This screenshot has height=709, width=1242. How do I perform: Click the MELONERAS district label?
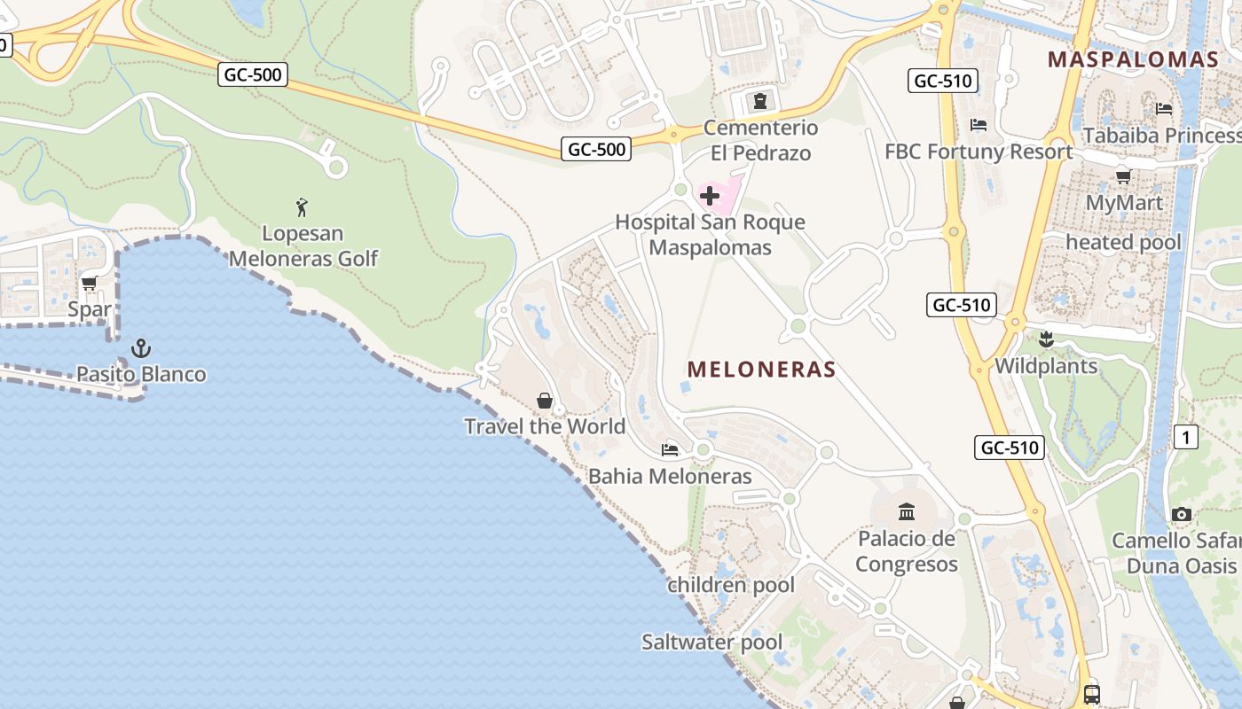tap(761, 369)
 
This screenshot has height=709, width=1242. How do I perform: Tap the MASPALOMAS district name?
tap(1133, 59)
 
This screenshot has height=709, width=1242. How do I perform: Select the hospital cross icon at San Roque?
tap(710, 195)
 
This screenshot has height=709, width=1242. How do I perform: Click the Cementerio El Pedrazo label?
tap(760, 140)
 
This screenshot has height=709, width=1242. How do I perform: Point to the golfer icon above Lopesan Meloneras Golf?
tap(303, 207)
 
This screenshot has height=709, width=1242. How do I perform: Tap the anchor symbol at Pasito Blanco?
tap(141, 348)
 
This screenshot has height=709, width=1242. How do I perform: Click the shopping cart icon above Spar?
tap(89, 284)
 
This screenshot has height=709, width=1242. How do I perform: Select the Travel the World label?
tap(545, 426)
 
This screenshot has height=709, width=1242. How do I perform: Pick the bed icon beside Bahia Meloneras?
tap(670, 450)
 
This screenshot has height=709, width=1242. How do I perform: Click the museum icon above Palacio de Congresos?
tap(907, 511)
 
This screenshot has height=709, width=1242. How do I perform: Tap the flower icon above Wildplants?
tap(1046, 339)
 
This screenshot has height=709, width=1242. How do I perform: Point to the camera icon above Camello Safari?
tap(1181, 514)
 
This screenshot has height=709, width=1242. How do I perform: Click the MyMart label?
tap(1124, 202)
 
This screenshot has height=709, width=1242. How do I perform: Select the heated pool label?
tap(1123, 242)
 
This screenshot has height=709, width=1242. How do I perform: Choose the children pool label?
tap(731, 585)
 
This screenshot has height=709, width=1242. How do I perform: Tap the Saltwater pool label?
tap(712, 642)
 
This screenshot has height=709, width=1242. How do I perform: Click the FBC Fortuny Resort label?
tap(979, 152)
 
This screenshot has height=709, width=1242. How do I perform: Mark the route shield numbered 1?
tap(1185, 436)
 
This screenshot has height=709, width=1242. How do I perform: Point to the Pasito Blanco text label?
tap(141, 374)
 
